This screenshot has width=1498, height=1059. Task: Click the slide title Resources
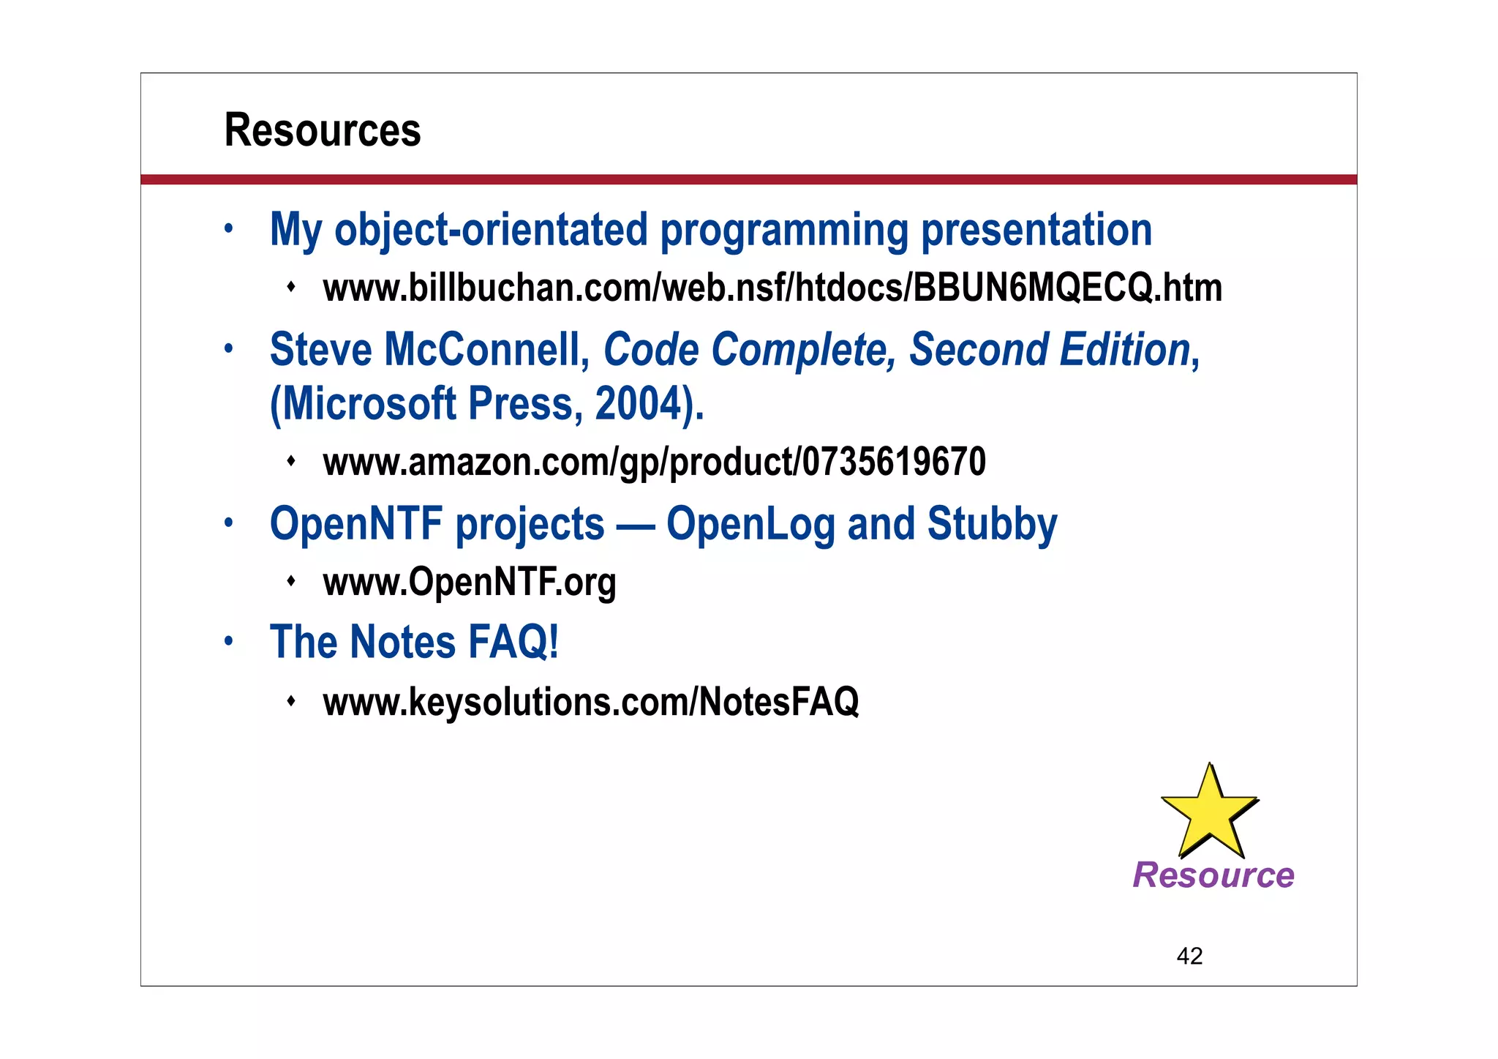(323, 130)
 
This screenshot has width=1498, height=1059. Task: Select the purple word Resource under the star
(1213, 875)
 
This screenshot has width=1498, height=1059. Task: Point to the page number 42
(1189, 956)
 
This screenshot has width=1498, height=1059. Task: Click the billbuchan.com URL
(772, 288)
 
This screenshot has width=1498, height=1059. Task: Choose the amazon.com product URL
(654, 463)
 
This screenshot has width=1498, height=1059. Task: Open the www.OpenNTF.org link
(470, 583)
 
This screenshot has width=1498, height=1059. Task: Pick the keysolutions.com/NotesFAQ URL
(591, 702)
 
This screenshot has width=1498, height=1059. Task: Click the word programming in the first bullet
(783, 231)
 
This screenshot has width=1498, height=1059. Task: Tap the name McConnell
(487, 350)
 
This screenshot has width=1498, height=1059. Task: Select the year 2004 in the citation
(639, 404)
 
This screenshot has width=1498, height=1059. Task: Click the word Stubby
(992, 524)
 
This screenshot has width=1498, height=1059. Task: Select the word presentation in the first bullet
(1036, 231)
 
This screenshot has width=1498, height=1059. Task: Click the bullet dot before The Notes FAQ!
(229, 642)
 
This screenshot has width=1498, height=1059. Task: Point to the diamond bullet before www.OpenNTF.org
(291, 581)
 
